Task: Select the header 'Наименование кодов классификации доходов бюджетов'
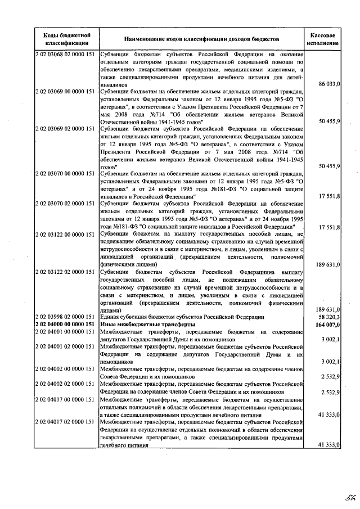(x=201, y=39)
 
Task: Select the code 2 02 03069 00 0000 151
(x=65, y=91)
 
